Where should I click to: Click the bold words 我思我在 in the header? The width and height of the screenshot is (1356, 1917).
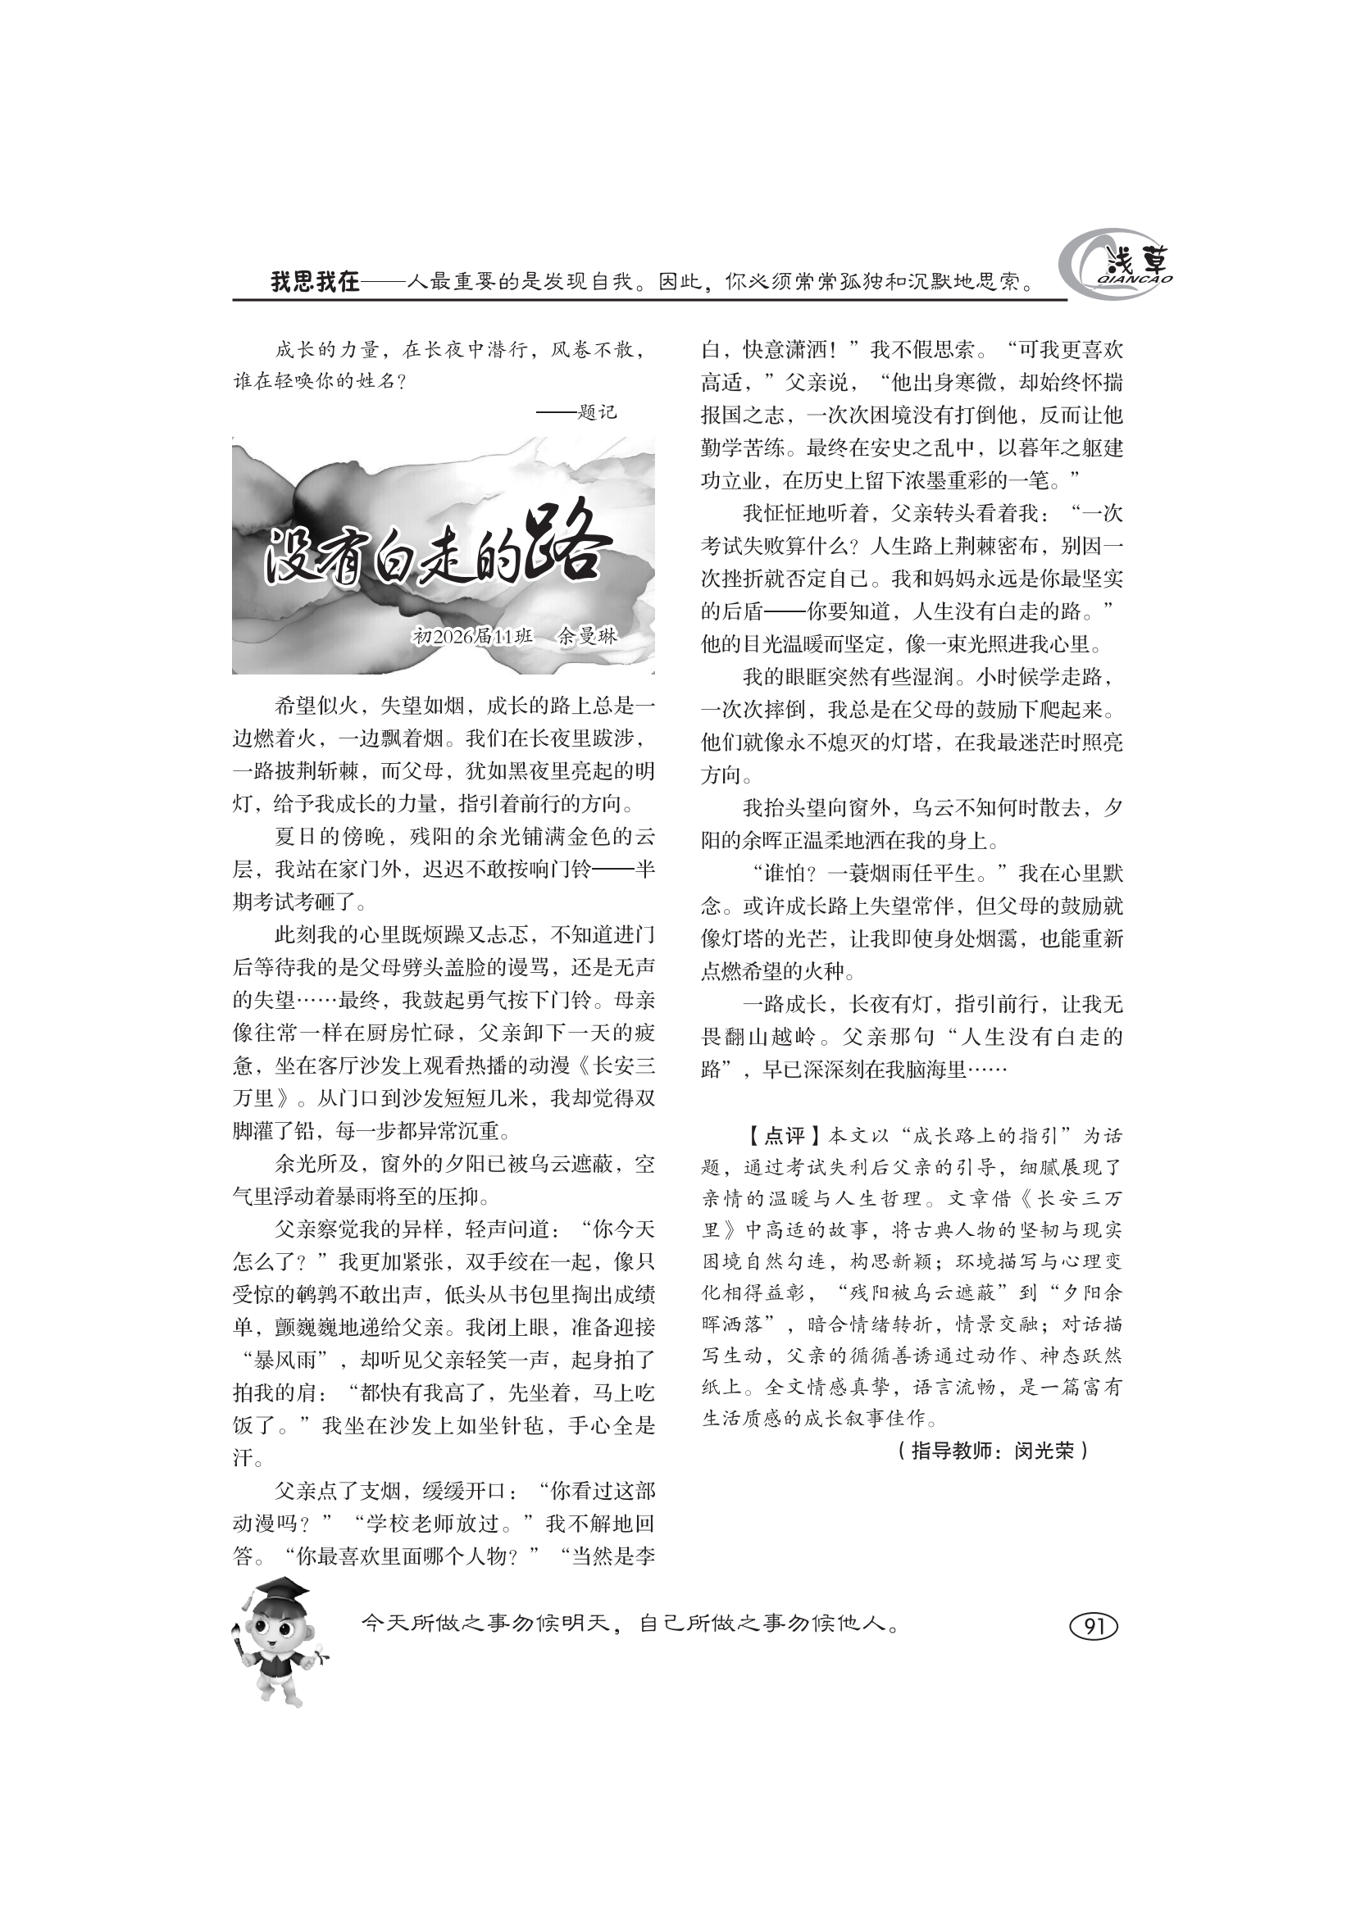pos(315,281)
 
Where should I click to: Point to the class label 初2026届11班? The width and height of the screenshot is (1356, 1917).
pos(472,636)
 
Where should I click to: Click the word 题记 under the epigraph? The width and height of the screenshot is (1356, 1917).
pos(597,411)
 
